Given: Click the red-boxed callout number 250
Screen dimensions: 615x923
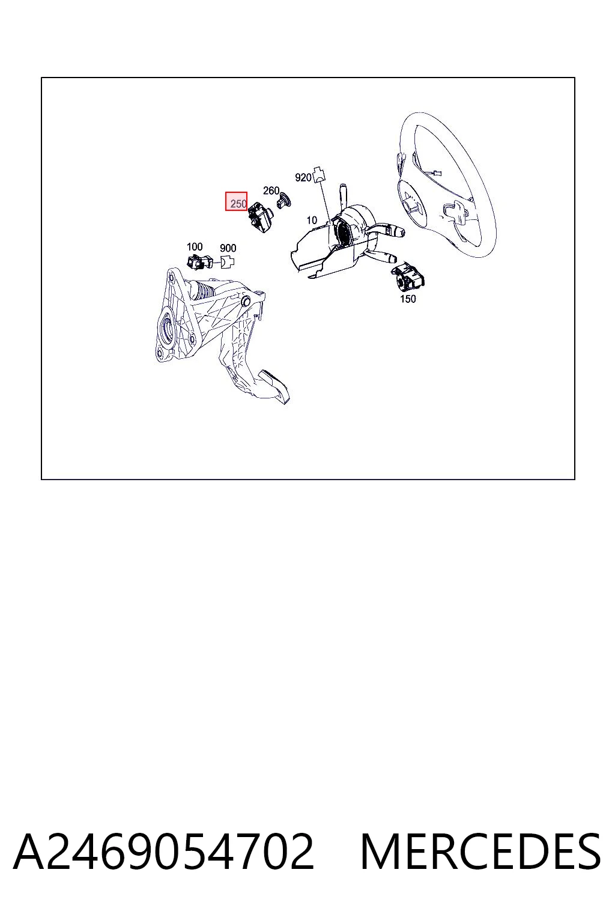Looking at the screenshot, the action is pos(238,203).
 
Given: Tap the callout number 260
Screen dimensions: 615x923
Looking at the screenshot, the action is pos(271,190).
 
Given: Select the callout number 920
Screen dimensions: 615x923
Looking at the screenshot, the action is pos(303,178).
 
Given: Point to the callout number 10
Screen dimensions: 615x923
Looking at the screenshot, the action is pos(312,220).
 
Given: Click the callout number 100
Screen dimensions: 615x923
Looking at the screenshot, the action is pos(195,246).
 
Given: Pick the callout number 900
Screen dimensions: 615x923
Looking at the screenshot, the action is pos(228,248).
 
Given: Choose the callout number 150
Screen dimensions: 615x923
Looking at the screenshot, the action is pos(408,299).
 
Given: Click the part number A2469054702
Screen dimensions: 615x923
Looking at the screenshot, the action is pos(164,851).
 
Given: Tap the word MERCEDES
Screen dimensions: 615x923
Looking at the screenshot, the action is pos(480,851).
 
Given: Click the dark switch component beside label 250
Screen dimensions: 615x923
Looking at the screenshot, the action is pos(260,217).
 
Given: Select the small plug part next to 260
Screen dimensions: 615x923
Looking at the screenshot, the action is pos(284,201).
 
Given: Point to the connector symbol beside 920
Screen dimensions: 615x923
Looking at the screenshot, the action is pos(320,174).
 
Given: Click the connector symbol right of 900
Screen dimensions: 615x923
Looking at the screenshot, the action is pos(228,261).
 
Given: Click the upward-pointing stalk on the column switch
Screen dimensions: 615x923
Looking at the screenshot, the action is pos(343,195).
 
